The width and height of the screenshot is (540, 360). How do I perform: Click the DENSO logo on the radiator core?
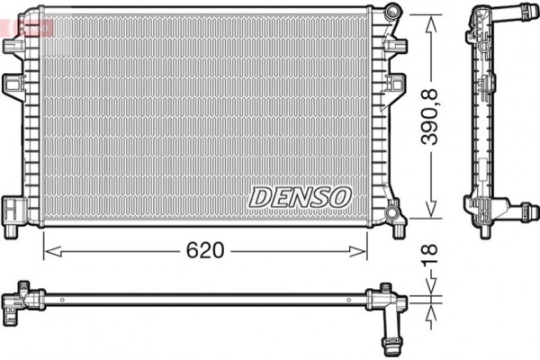pyautogui.click(x=300, y=195)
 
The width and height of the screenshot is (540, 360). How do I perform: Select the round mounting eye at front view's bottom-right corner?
pyautogui.click(x=391, y=212)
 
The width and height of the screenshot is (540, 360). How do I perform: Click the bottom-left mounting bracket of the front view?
pyautogui.click(x=14, y=210)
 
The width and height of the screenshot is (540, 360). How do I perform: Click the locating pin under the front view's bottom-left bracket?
pyautogui.click(x=12, y=230)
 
